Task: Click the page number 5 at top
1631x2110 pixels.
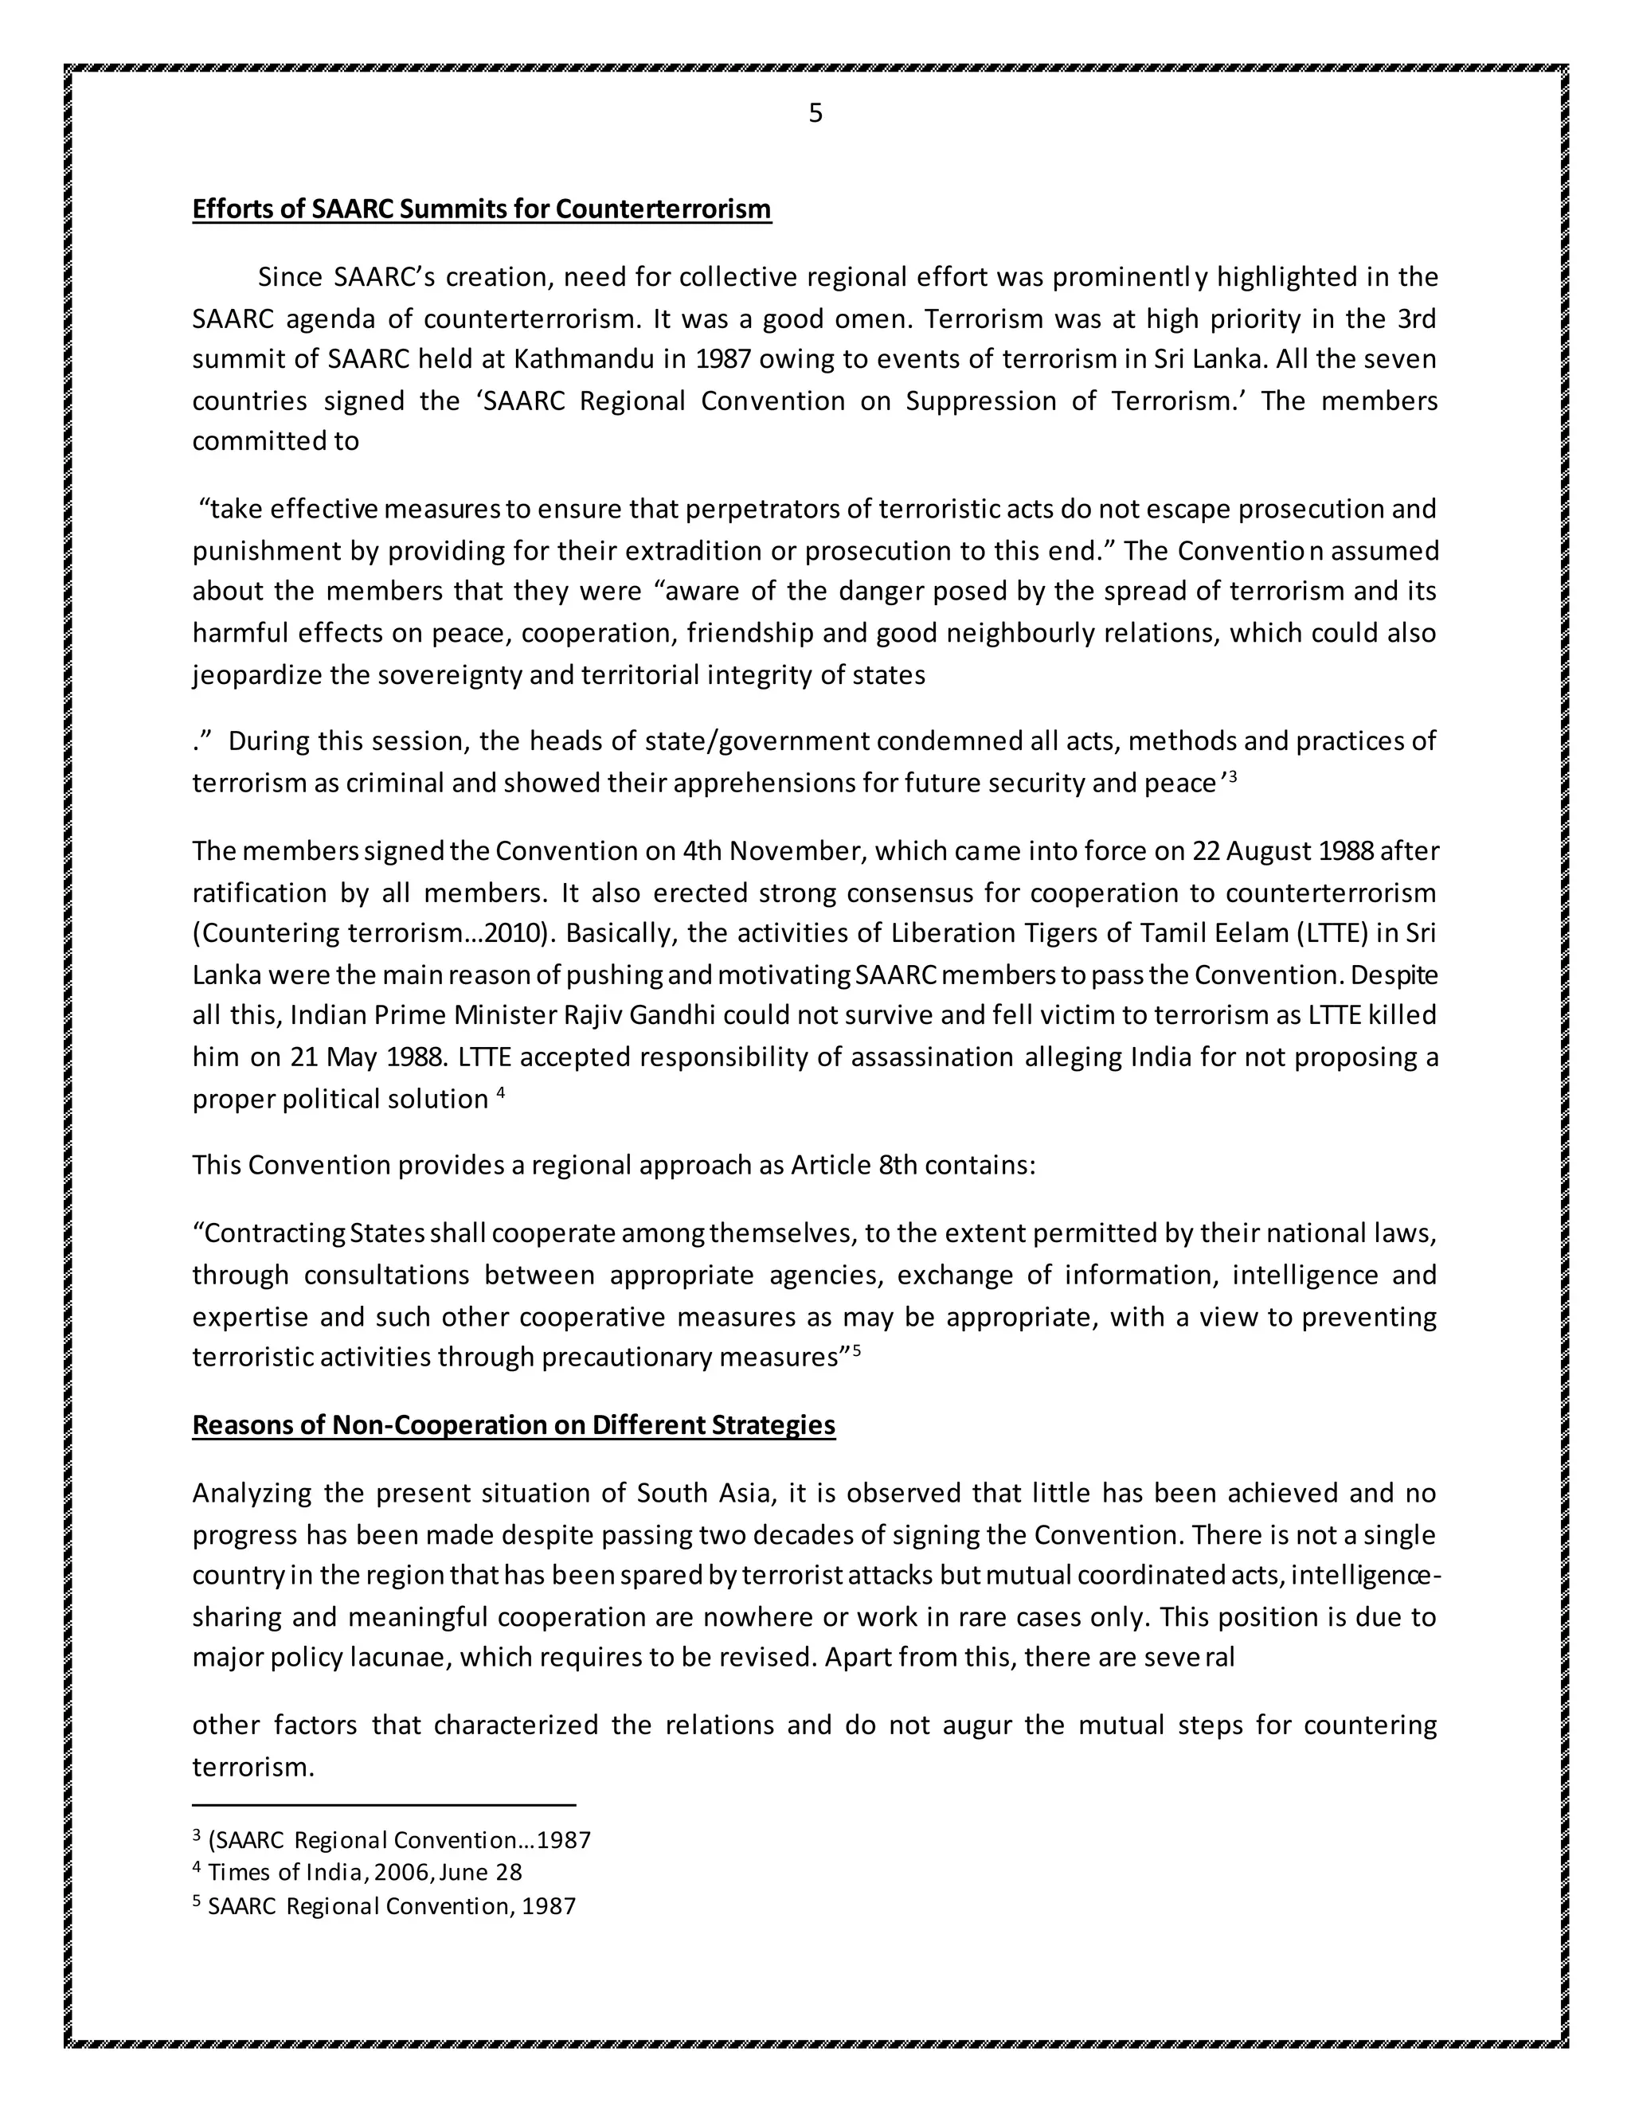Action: (x=815, y=114)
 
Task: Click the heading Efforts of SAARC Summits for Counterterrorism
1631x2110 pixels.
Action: (x=481, y=209)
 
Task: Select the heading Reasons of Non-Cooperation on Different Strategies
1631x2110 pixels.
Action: (x=513, y=1425)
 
